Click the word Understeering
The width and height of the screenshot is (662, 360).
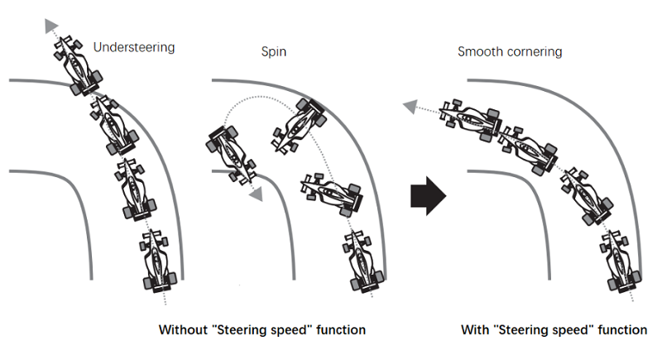click(x=134, y=47)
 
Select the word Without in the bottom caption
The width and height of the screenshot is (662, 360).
click(x=184, y=329)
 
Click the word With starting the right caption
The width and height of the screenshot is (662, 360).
click(x=475, y=329)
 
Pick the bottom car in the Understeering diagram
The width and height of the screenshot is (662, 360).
click(x=157, y=262)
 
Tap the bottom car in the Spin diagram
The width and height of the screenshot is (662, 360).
click(x=364, y=262)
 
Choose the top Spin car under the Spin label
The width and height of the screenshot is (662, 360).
click(x=298, y=124)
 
